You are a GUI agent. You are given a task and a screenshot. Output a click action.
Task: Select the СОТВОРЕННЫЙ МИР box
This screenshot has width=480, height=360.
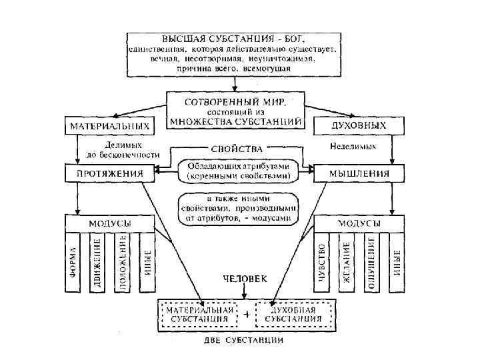[235, 111]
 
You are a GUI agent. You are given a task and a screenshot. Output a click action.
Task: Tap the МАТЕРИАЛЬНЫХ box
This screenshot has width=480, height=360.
[108, 125]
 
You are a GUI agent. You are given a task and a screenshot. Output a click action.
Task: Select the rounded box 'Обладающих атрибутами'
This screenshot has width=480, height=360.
[238, 171]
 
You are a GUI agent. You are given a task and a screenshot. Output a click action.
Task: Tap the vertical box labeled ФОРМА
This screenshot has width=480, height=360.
[73, 262]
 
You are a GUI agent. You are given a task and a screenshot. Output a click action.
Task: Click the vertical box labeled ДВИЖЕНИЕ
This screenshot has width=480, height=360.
[97, 262]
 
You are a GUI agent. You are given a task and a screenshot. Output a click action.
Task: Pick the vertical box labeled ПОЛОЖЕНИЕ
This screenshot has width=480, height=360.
[122, 262]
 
